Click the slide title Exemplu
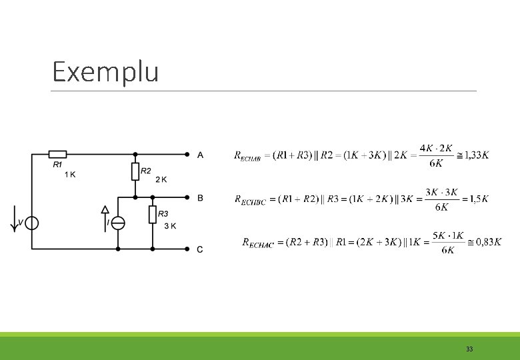pos(105,71)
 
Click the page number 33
pos(469,349)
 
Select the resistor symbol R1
pos(57,154)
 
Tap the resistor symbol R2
pos(135,171)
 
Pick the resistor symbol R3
pos(153,215)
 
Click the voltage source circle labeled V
pos(31,223)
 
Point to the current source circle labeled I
pos(118,223)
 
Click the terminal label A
pos(200,155)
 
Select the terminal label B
pos(200,198)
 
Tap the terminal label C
pos(200,249)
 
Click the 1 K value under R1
pos(70,175)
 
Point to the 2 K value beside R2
pos(161,179)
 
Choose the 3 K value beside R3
pos(170,225)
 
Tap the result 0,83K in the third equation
pos(488,242)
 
